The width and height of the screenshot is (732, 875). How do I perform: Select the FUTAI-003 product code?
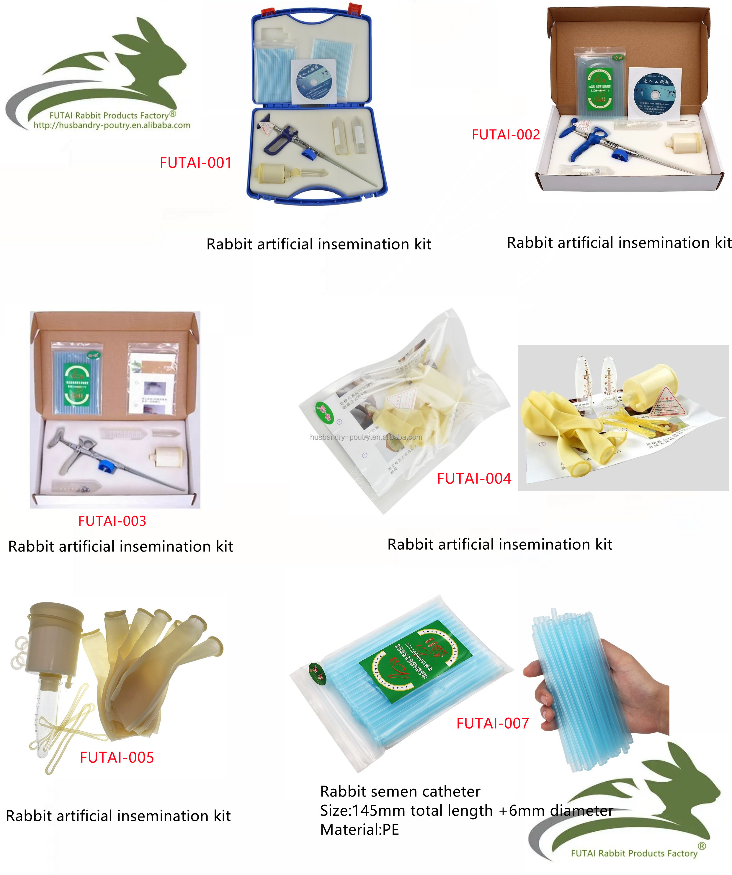click(x=112, y=521)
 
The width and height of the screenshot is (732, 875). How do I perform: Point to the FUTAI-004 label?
click(x=474, y=478)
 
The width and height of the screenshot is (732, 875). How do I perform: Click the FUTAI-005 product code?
click(x=117, y=757)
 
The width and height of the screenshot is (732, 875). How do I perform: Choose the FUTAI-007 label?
click(x=492, y=723)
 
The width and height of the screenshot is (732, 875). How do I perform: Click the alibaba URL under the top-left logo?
click(x=112, y=125)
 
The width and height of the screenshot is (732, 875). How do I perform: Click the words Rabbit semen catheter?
click(x=400, y=791)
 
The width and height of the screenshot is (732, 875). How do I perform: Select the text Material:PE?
click(x=359, y=830)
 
